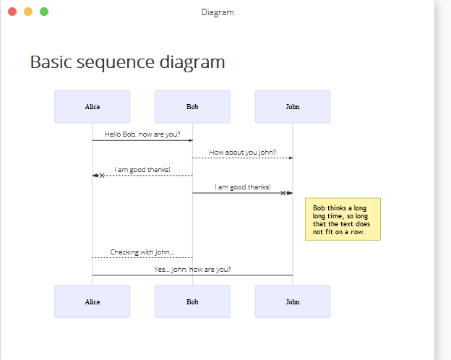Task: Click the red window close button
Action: [12, 12]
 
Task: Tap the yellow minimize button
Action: [28, 12]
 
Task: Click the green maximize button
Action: [44, 12]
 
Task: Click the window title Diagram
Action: [218, 12]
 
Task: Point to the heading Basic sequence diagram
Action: [127, 62]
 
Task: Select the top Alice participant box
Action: [93, 106]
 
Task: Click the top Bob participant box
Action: [192, 106]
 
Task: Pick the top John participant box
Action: [293, 106]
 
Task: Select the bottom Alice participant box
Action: [93, 301]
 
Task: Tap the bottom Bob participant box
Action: [192, 301]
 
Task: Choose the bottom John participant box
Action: [293, 301]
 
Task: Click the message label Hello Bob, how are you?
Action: [142, 134]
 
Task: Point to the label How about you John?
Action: [242, 153]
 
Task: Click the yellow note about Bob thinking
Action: [343, 219]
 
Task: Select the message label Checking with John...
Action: [142, 252]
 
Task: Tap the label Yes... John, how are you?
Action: [192, 270]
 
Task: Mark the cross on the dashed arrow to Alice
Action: [102, 176]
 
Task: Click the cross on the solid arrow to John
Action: [283, 193]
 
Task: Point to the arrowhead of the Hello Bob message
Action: [191, 140]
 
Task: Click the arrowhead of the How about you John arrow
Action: [291, 158]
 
